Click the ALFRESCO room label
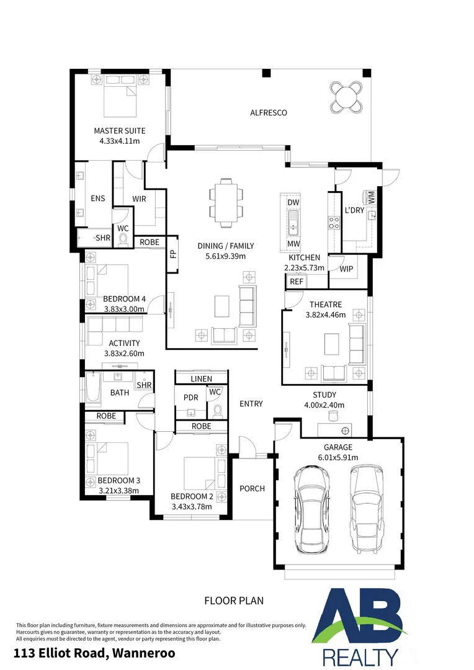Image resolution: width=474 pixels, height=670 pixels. click(269, 113)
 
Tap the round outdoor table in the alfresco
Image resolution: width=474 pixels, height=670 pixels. click(347, 97)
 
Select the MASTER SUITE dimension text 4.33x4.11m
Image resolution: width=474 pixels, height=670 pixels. click(120, 141)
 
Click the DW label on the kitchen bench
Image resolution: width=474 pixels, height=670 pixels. click(293, 202)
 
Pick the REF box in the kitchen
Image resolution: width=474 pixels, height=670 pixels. click(296, 282)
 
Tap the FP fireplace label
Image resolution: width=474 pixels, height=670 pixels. click(173, 254)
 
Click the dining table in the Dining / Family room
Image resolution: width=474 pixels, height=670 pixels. click(226, 202)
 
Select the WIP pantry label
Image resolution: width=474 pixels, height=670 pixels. click(346, 269)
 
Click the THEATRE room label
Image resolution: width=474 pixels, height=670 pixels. click(326, 305)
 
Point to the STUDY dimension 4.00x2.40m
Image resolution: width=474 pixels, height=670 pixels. click(324, 405)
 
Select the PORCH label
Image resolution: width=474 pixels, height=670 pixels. click(252, 488)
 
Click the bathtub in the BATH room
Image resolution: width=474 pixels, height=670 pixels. click(92, 387)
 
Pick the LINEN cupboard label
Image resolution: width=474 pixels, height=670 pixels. click(201, 379)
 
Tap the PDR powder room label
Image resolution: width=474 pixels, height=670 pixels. click(190, 398)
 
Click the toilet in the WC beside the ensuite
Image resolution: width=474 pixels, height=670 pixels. click(123, 241)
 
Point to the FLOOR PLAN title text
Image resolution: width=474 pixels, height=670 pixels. click(234, 601)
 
